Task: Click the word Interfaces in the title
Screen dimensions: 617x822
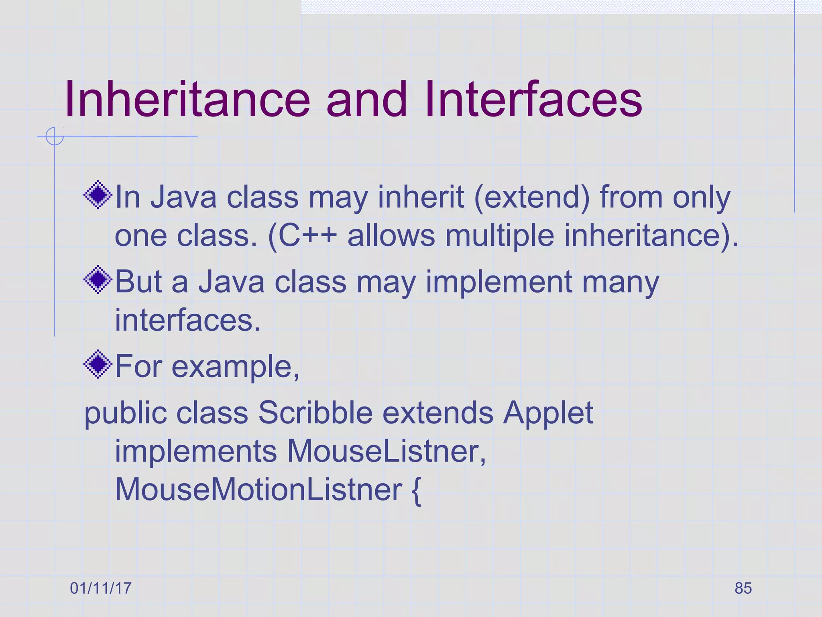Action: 533,99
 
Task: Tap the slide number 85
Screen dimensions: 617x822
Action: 743,588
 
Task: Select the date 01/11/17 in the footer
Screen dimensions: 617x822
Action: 101,588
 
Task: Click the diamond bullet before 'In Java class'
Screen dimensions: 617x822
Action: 98,195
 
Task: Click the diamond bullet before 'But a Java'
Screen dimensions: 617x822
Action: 98,280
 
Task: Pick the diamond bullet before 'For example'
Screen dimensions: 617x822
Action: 98,364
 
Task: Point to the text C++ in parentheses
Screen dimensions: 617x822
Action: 307,235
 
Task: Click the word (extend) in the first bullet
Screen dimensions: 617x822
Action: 532,198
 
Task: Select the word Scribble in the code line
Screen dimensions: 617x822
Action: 315,413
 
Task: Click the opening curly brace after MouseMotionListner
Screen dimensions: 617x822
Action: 416,491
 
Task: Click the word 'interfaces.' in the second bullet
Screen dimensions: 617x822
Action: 188,320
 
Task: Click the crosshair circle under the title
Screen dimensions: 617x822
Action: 54,136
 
